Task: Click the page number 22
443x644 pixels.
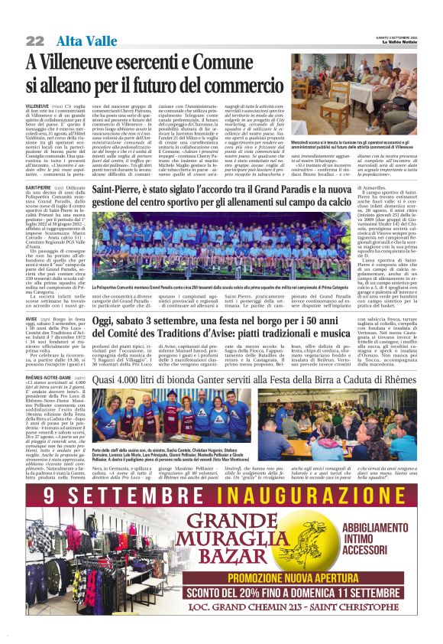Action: click(35, 40)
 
